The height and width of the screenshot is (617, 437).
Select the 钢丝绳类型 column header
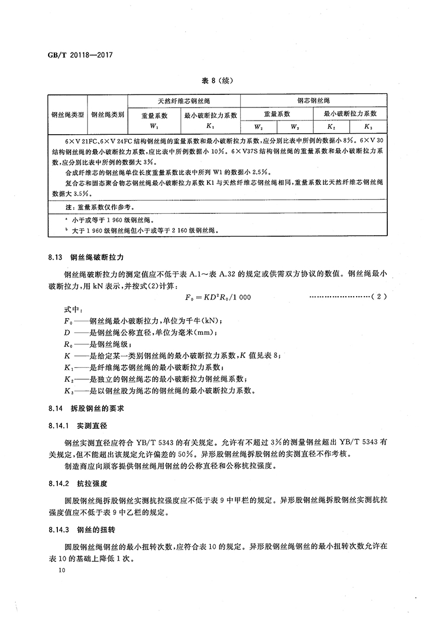68,115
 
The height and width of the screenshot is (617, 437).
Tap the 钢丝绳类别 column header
108,115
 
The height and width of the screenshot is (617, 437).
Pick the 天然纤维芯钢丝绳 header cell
184,101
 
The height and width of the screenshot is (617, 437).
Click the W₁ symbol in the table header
155,127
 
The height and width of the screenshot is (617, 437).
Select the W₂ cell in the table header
258,127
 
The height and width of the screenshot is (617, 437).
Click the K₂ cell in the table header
332,127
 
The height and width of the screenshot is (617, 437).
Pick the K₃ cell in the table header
369,127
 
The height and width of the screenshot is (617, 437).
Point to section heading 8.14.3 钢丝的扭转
76,530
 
